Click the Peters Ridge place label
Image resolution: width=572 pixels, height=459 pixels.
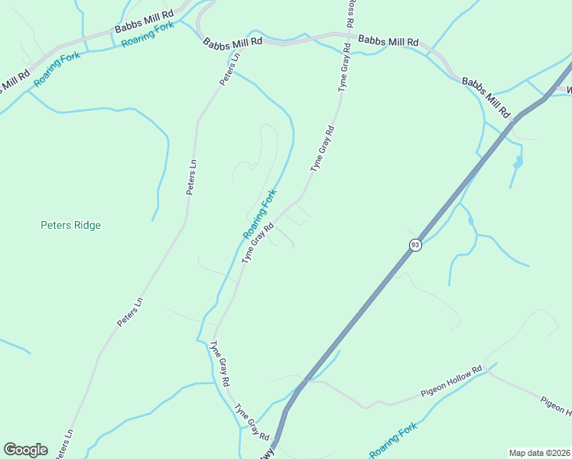click(70, 225)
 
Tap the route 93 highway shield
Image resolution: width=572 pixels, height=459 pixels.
click(415, 245)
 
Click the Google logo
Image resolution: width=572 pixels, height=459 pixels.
click(25, 450)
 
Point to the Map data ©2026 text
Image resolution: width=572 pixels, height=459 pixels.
click(539, 452)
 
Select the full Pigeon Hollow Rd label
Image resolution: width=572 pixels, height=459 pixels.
click(452, 380)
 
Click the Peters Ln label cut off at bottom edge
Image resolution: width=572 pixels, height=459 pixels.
click(64, 444)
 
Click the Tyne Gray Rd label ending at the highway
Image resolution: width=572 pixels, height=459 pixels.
click(252, 422)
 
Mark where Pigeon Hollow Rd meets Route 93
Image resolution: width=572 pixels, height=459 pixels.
click(307, 379)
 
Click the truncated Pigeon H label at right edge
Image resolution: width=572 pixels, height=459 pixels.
click(557, 407)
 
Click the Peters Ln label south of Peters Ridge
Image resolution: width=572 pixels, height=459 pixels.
click(130, 313)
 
